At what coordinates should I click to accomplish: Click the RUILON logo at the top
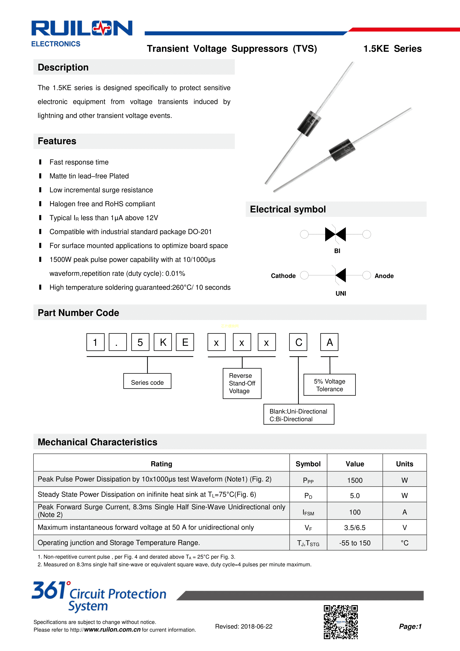pos(82,28)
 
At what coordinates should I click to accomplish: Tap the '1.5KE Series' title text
pos(392,49)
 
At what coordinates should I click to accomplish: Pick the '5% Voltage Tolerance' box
pos(329,385)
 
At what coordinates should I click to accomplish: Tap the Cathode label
pos(283,276)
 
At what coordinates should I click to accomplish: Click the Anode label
pos(384,276)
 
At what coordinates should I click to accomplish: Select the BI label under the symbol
pos(337,251)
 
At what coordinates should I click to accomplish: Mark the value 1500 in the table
pos(355,480)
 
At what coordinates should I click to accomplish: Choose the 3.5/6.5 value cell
pos(355,528)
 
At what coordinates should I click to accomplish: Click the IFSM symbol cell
pos(308,512)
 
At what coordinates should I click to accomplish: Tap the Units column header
pos(405,464)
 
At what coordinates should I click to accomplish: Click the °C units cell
pos(405,543)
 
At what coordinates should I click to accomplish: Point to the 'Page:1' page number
pos(410,626)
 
